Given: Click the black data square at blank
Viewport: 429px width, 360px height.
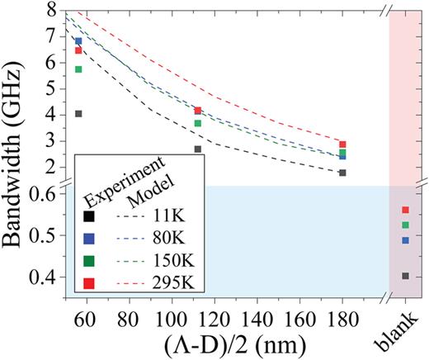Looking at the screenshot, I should click(405, 276).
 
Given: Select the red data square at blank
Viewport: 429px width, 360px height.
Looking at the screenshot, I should click(405, 211).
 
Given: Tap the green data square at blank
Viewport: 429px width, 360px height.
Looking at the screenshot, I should click(405, 225).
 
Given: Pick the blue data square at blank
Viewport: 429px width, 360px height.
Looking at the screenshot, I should click(405, 240).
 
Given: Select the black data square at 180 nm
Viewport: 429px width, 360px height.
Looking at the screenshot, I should click(342, 173).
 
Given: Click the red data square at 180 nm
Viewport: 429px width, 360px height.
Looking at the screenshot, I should click(342, 144).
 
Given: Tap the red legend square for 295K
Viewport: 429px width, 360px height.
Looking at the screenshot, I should click(89, 284).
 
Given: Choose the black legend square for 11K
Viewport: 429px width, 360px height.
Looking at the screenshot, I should click(89, 216).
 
